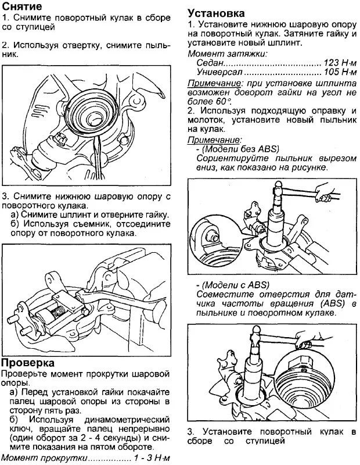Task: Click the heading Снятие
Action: [x=22, y=8]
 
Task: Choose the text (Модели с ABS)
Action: [x=235, y=285]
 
